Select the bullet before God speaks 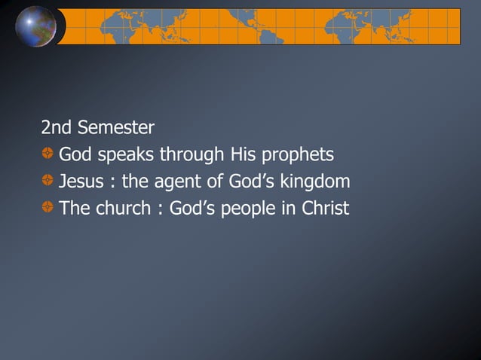click(x=47, y=155)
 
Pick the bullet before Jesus click(x=47, y=182)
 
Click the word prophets click(x=297, y=156)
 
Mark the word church click(x=123, y=208)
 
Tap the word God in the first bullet click(x=76, y=155)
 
